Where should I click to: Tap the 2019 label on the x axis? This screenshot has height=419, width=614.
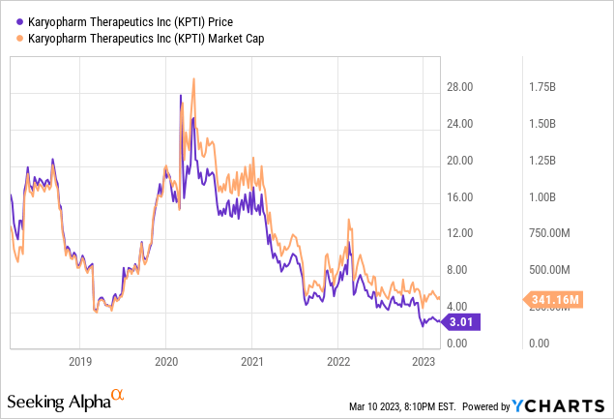(x=80, y=362)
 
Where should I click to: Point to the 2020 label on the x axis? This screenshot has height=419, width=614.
(x=165, y=362)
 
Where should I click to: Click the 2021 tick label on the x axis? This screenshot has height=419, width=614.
(x=251, y=362)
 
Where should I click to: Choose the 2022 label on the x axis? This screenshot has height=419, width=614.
(x=337, y=362)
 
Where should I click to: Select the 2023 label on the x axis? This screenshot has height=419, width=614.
(x=423, y=362)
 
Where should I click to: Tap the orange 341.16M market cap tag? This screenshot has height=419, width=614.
(x=554, y=300)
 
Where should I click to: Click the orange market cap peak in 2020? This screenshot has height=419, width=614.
(x=194, y=78)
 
